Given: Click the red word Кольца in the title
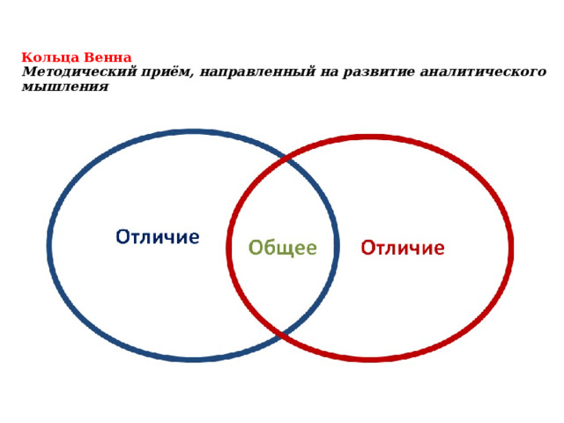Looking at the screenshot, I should (44, 57).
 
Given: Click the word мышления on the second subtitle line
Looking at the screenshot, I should (64, 86).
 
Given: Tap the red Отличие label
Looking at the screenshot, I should (404, 248).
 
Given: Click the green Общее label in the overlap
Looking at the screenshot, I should (282, 248).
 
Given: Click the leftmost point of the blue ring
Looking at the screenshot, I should (49, 246).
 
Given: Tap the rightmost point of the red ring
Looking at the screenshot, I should (512, 248).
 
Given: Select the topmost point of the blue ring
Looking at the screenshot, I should (194, 132).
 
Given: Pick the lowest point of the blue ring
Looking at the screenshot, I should (194, 359).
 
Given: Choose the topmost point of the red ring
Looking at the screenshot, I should (370, 137).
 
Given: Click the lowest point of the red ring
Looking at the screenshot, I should (370, 359).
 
